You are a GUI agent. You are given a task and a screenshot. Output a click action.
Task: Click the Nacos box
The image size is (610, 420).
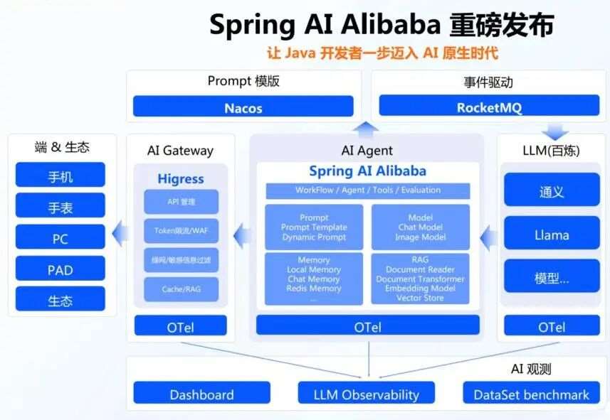pos(243,108)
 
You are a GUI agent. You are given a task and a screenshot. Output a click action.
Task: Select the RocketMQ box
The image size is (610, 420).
pos(489,107)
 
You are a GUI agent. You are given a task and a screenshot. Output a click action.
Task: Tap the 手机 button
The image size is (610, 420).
pos(61,176)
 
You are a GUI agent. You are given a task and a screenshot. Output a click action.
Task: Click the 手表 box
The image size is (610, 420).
pos(61,207)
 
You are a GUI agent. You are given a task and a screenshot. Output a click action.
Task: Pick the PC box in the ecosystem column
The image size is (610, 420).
pos(61,238)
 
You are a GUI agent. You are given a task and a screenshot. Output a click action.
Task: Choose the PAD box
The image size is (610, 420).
pos(61,269)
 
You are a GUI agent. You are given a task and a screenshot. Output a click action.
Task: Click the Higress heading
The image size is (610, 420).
pos(181,179)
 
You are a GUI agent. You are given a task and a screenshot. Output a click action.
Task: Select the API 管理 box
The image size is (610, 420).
pos(181,202)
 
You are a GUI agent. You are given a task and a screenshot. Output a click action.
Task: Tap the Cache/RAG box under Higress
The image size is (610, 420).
pos(181,289)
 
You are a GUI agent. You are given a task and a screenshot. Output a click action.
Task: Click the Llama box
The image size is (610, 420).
pos(552,235)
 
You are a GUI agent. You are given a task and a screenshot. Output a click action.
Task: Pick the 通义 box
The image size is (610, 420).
pos(552,191)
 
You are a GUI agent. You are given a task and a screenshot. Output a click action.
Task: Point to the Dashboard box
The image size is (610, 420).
pos(201,394)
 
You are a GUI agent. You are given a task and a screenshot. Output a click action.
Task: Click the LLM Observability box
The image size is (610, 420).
pos(367,394)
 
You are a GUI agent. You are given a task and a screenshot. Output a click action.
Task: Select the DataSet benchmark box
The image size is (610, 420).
pos(531,394)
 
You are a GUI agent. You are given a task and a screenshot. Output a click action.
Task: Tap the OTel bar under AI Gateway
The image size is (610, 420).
pos(181,327)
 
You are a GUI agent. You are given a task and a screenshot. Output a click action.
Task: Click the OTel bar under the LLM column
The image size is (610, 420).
pos(552,327)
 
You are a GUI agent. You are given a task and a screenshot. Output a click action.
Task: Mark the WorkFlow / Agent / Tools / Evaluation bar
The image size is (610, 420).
pos(367,190)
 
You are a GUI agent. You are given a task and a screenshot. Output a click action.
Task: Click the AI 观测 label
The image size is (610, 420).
pos(531,369)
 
